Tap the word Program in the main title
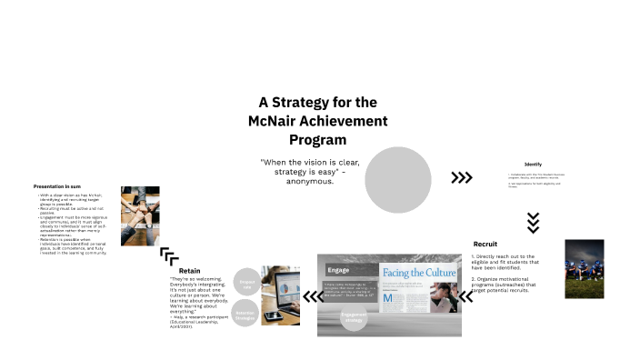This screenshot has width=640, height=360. click(317, 140)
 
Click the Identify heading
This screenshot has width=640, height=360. click(533, 164)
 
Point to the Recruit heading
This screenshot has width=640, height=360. click(485, 244)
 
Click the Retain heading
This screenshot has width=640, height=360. click(189, 271)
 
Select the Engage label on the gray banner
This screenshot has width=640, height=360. click(338, 270)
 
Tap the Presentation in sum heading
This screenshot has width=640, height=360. click(59, 186)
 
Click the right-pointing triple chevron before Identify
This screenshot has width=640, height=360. click(462, 177)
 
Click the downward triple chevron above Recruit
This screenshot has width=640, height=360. click(534, 222)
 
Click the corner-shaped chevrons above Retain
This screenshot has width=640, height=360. click(169, 255)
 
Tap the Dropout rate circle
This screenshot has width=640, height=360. click(248, 283)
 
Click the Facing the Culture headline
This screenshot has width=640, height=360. click(417, 273)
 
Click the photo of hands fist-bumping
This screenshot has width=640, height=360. click(141, 215)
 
